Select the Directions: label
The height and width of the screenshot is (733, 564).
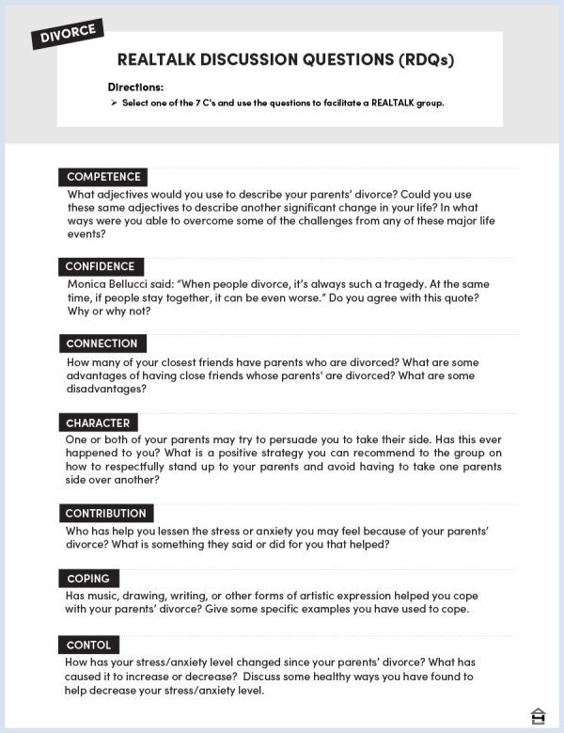pyautogui.click(x=135, y=87)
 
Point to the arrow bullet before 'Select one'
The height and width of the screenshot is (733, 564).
pyautogui.click(x=113, y=103)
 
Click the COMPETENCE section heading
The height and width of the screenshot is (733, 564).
pyautogui.click(x=103, y=177)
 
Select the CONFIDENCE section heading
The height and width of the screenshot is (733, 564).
pyautogui.click(x=101, y=266)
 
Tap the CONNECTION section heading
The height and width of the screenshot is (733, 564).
pyautogui.click(x=102, y=343)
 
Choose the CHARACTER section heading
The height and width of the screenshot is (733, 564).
pyautogui.click(x=98, y=423)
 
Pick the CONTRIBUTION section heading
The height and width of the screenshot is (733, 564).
pyautogui.click(x=106, y=514)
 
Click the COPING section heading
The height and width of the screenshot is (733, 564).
pyautogui.click(x=88, y=579)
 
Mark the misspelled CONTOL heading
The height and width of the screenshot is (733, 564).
pyautogui.click(x=89, y=645)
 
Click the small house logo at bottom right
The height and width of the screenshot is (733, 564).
pyautogui.click(x=539, y=714)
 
